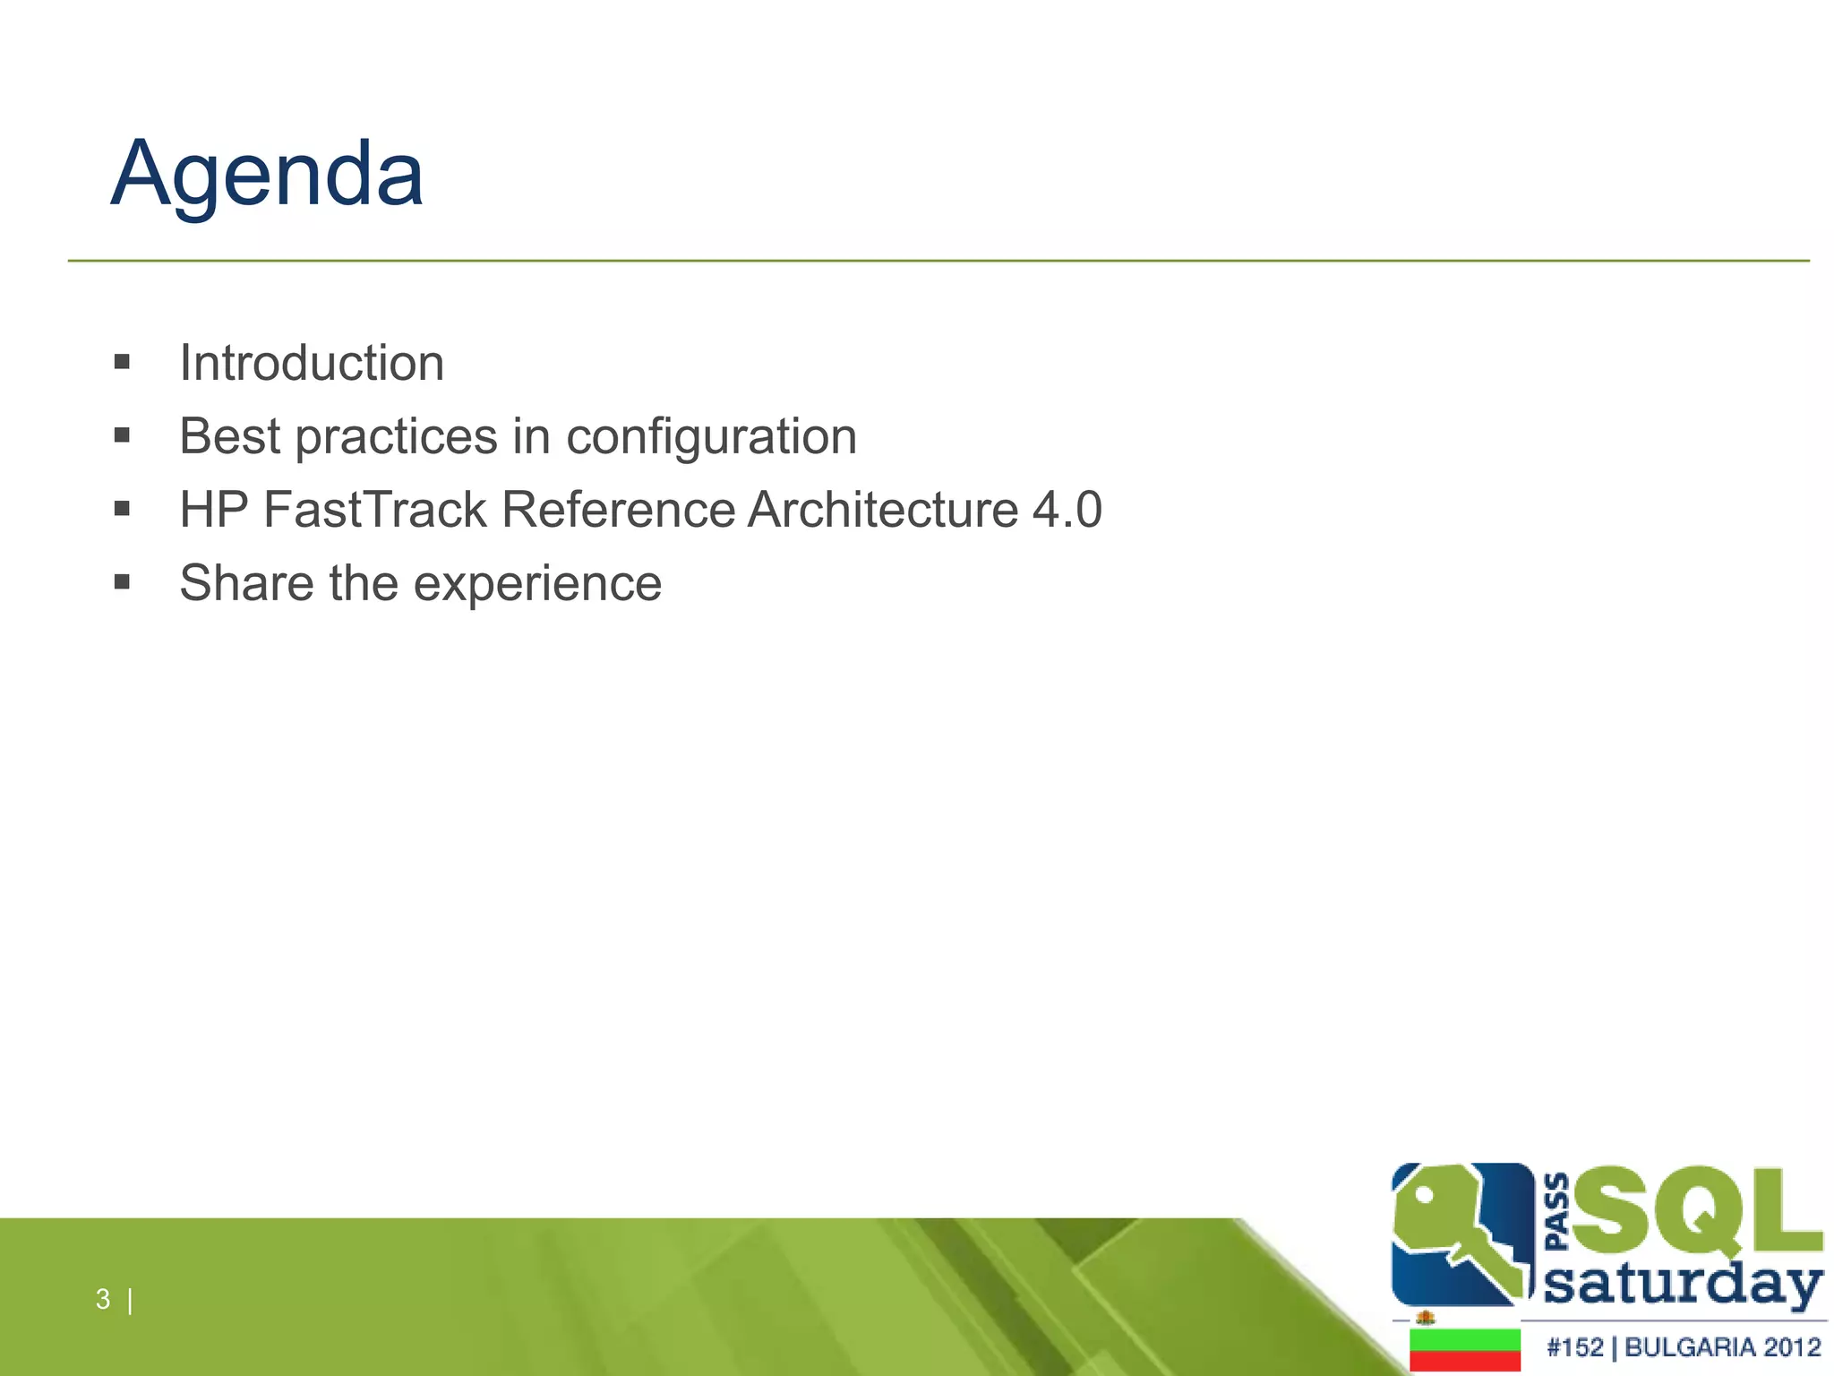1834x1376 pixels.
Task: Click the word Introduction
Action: pyautogui.click(x=312, y=363)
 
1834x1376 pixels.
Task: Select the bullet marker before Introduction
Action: pyautogui.click(x=123, y=363)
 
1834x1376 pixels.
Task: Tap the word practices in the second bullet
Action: pyautogui.click(x=396, y=437)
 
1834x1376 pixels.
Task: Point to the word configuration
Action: pyautogui.click(x=711, y=437)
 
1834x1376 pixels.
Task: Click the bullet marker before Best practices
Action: pyautogui.click(x=123, y=436)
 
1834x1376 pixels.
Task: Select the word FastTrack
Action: pyautogui.click(x=374, y=510)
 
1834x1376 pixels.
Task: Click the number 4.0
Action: pyautogui.click(x=1067, y=510)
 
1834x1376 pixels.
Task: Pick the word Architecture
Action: pyautogui.click(x=882, y=510)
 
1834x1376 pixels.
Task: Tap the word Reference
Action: pyautogui.click(x=618, y=510)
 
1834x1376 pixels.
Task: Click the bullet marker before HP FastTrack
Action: pyautogui.click(x=123, y=510)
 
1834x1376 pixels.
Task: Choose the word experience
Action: pyautogui.click(x=537, y=584)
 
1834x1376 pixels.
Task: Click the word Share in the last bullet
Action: pyautogui.click(x=246, y=583)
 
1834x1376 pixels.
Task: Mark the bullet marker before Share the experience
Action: pyautogui.click(x=123, y=583)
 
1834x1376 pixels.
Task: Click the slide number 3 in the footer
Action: pyautogui.click(x=103, y=1299)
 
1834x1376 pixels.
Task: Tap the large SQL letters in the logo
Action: pyautogui.click(x=1697, y=1214)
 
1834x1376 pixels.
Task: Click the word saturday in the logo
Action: pyautogui.click(x=1684, y=1286)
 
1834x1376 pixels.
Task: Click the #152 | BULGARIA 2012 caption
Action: pyautogui.click(x=1684, y=1347)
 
